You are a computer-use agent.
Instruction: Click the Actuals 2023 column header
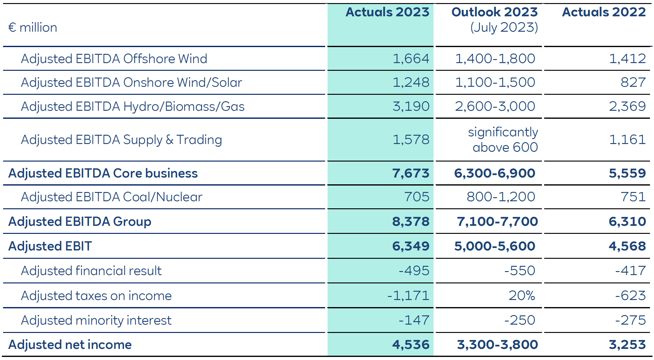(x=387, y=12)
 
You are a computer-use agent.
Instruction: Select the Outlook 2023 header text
(x=494, y=12)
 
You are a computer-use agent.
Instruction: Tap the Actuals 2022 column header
(x=604, y=12)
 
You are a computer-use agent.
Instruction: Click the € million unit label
(x=33, y=28)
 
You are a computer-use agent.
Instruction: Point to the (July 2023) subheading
(x=504, y=28)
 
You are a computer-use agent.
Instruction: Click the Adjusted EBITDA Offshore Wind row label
(x=114, y=59)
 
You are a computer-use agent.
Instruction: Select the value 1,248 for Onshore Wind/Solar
(x=411, y=82)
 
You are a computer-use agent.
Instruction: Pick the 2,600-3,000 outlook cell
(x=495, y=106)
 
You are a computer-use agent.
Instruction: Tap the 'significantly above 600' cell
(x=503, y=140)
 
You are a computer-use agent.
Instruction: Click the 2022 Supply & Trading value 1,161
(x=627, y=140)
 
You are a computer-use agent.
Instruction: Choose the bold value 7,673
(x=410, y=173)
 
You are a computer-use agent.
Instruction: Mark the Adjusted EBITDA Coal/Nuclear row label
(x=111, y=197)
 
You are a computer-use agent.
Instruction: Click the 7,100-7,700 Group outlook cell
(x=497, y=222)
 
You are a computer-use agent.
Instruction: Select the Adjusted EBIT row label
(x=50, y=246)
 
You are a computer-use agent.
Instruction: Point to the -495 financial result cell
(x=414, y=271)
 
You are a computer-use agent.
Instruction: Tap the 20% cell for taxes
(x=522, y=296)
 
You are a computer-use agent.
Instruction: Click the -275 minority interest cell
(x=630, y=320)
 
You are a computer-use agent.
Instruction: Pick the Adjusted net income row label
(x=70, y=345)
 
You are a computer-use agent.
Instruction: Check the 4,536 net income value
(x=410, y=345)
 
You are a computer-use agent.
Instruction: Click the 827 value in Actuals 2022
(x=633, y=82)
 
